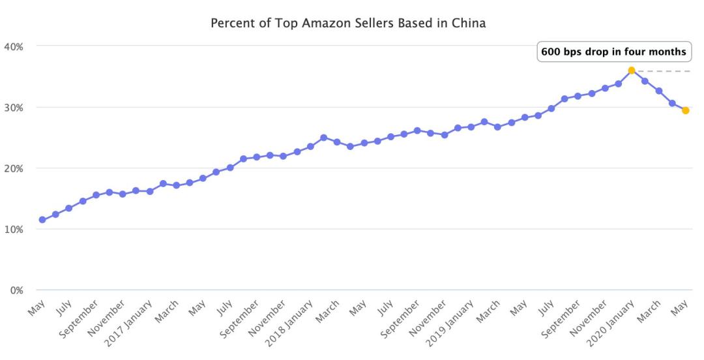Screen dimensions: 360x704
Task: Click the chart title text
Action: tap(349, 23)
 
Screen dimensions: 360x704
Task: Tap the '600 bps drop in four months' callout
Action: tap(613, 52)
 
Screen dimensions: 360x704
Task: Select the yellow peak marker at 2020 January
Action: tap(632, 70)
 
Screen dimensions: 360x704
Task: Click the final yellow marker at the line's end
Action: tap(686, 110)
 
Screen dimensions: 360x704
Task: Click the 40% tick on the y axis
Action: tap(14, 46)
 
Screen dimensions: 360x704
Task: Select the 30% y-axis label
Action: tap(14, 107)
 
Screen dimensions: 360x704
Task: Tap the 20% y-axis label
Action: tap(14, 168)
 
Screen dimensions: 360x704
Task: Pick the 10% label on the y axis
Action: tap(14, 230)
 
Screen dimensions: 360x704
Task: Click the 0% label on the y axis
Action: tap(16, 290)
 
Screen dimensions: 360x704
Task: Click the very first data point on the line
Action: tap(42, 220)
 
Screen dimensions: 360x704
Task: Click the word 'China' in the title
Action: tap(471, 23)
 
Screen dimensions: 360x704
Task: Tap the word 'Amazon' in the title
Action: tap(312, 23)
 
